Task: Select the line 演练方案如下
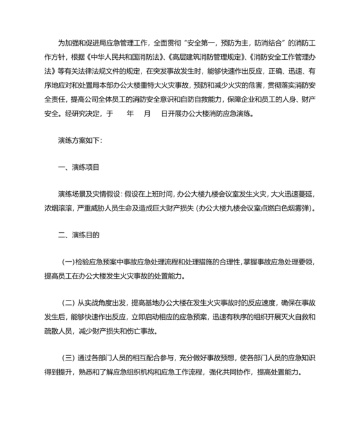click(75, 140)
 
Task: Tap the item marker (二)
click(69, 304)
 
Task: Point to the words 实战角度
click(105, 304)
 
